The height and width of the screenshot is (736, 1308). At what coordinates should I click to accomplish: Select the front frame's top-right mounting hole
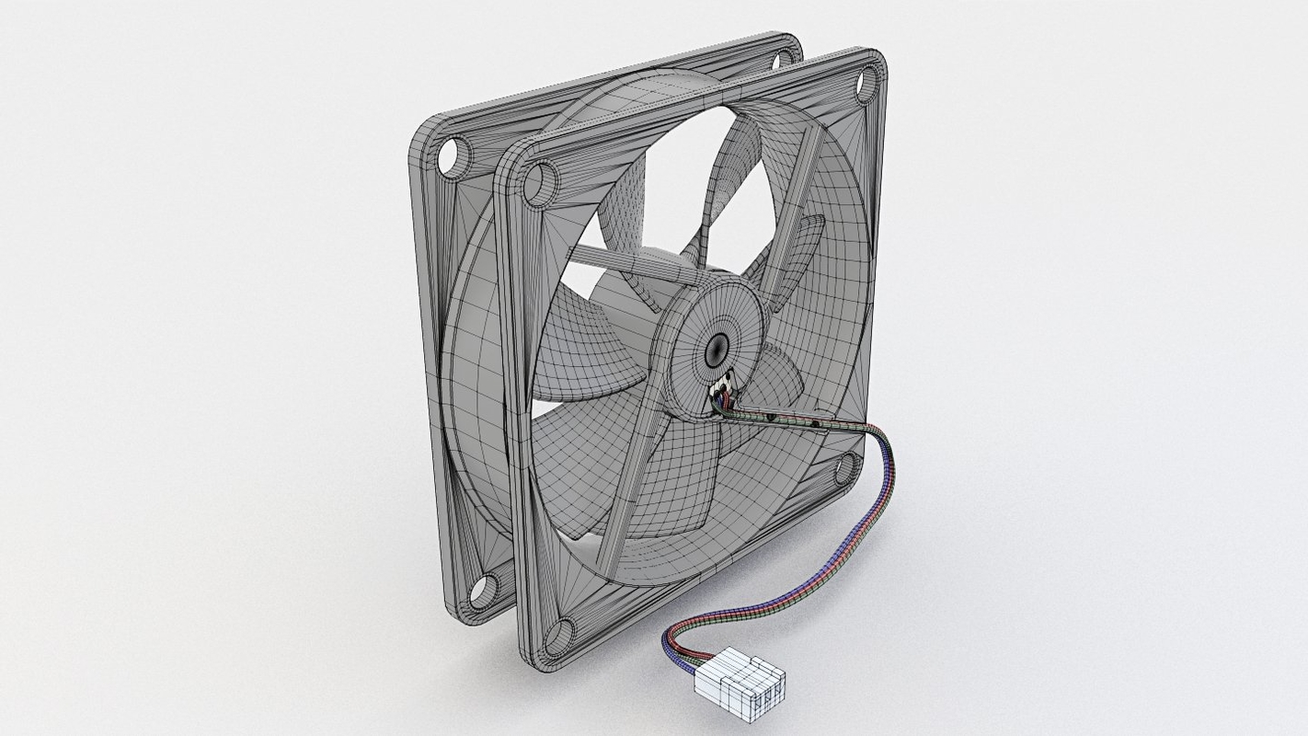866,86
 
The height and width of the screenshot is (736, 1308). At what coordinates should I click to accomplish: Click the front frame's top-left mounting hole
541,183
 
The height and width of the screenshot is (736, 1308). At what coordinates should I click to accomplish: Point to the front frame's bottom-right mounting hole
844,469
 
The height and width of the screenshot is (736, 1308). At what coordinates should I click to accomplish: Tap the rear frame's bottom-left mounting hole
484,588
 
